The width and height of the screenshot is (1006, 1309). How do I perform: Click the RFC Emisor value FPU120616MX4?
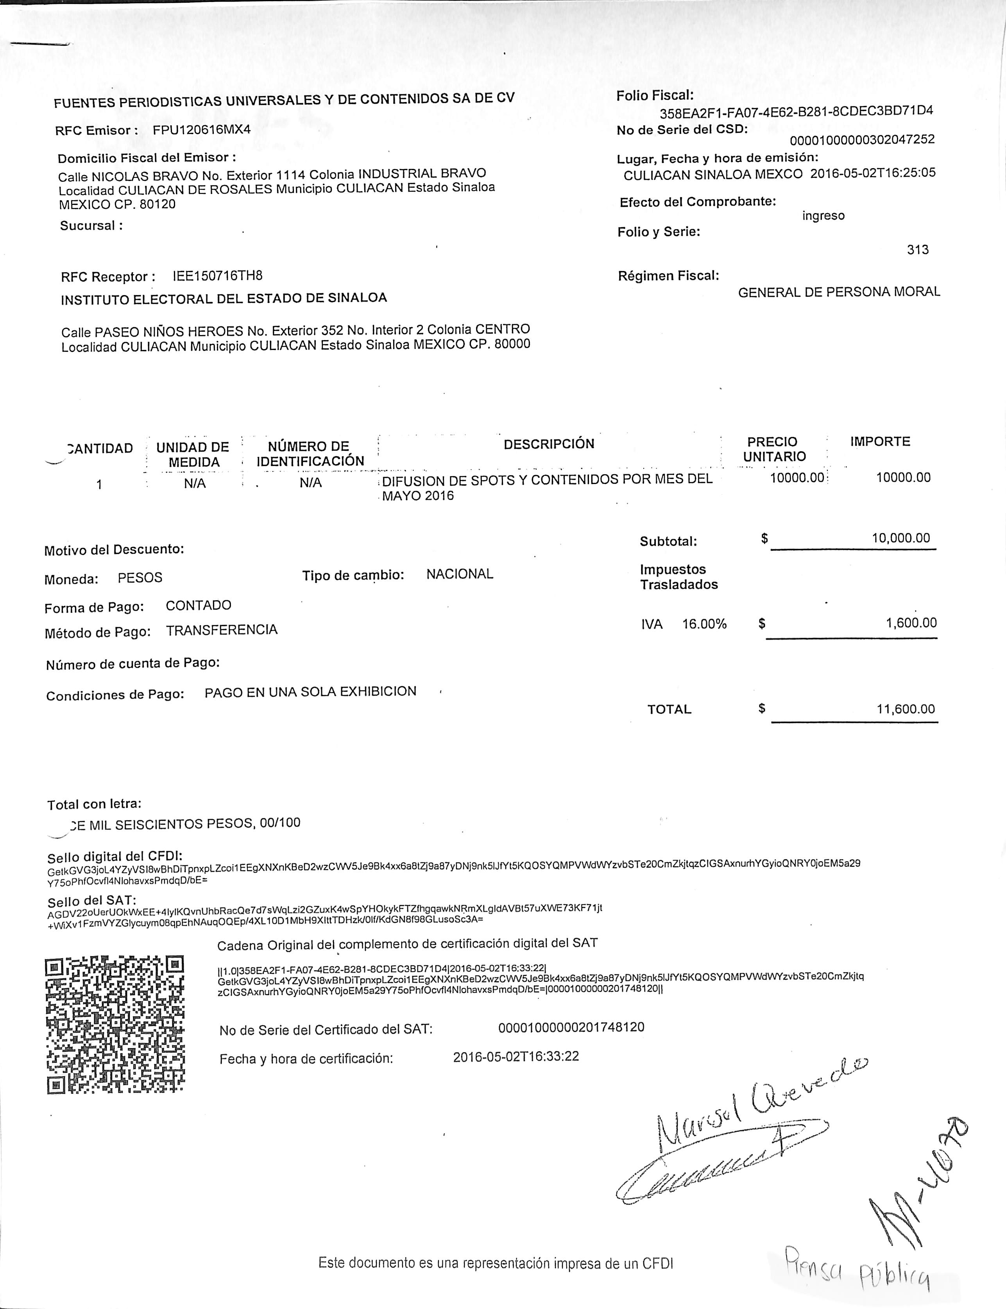coord(201,129)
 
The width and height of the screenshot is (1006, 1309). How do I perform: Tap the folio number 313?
coord(917,250)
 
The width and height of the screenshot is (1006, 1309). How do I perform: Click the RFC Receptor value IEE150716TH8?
coord(217,276)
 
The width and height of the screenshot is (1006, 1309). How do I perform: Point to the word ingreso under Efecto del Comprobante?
coord(823,216)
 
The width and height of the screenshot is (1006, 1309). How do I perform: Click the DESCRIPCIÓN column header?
coord(548,444)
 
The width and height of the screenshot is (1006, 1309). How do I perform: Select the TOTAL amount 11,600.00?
coord(906,709)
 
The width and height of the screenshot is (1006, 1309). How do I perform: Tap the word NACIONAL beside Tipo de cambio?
coord(459,574)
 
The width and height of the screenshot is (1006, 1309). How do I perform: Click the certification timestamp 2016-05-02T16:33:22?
coord(516,1056)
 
